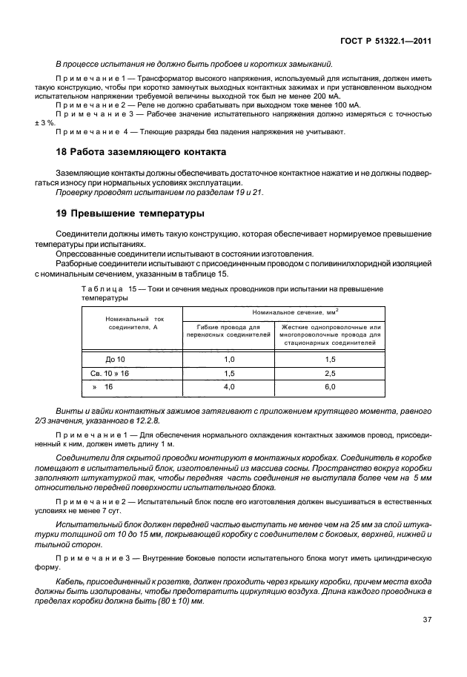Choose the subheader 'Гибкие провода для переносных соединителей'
click(x=229, y=331)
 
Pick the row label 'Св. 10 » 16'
click(x=111, y=373)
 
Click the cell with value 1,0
click(x=229, y=359)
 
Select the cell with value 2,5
click(x=330, y=373)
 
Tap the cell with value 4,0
click(x=229, y=387)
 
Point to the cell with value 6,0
click(x=330, y=387)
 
